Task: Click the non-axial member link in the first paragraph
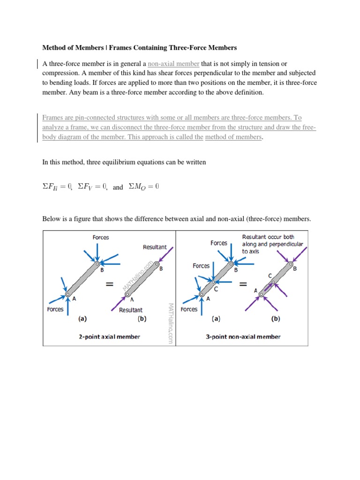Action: click(173, 64)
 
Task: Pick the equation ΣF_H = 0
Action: click(57, 187)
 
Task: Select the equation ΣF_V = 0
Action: click(93, 187)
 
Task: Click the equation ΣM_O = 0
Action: click(144, 187)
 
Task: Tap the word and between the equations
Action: click(118, 187)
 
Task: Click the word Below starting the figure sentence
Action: click(52, 219)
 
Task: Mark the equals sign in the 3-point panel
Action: click(243, 284)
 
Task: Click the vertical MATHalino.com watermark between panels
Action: click(170, 323)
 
